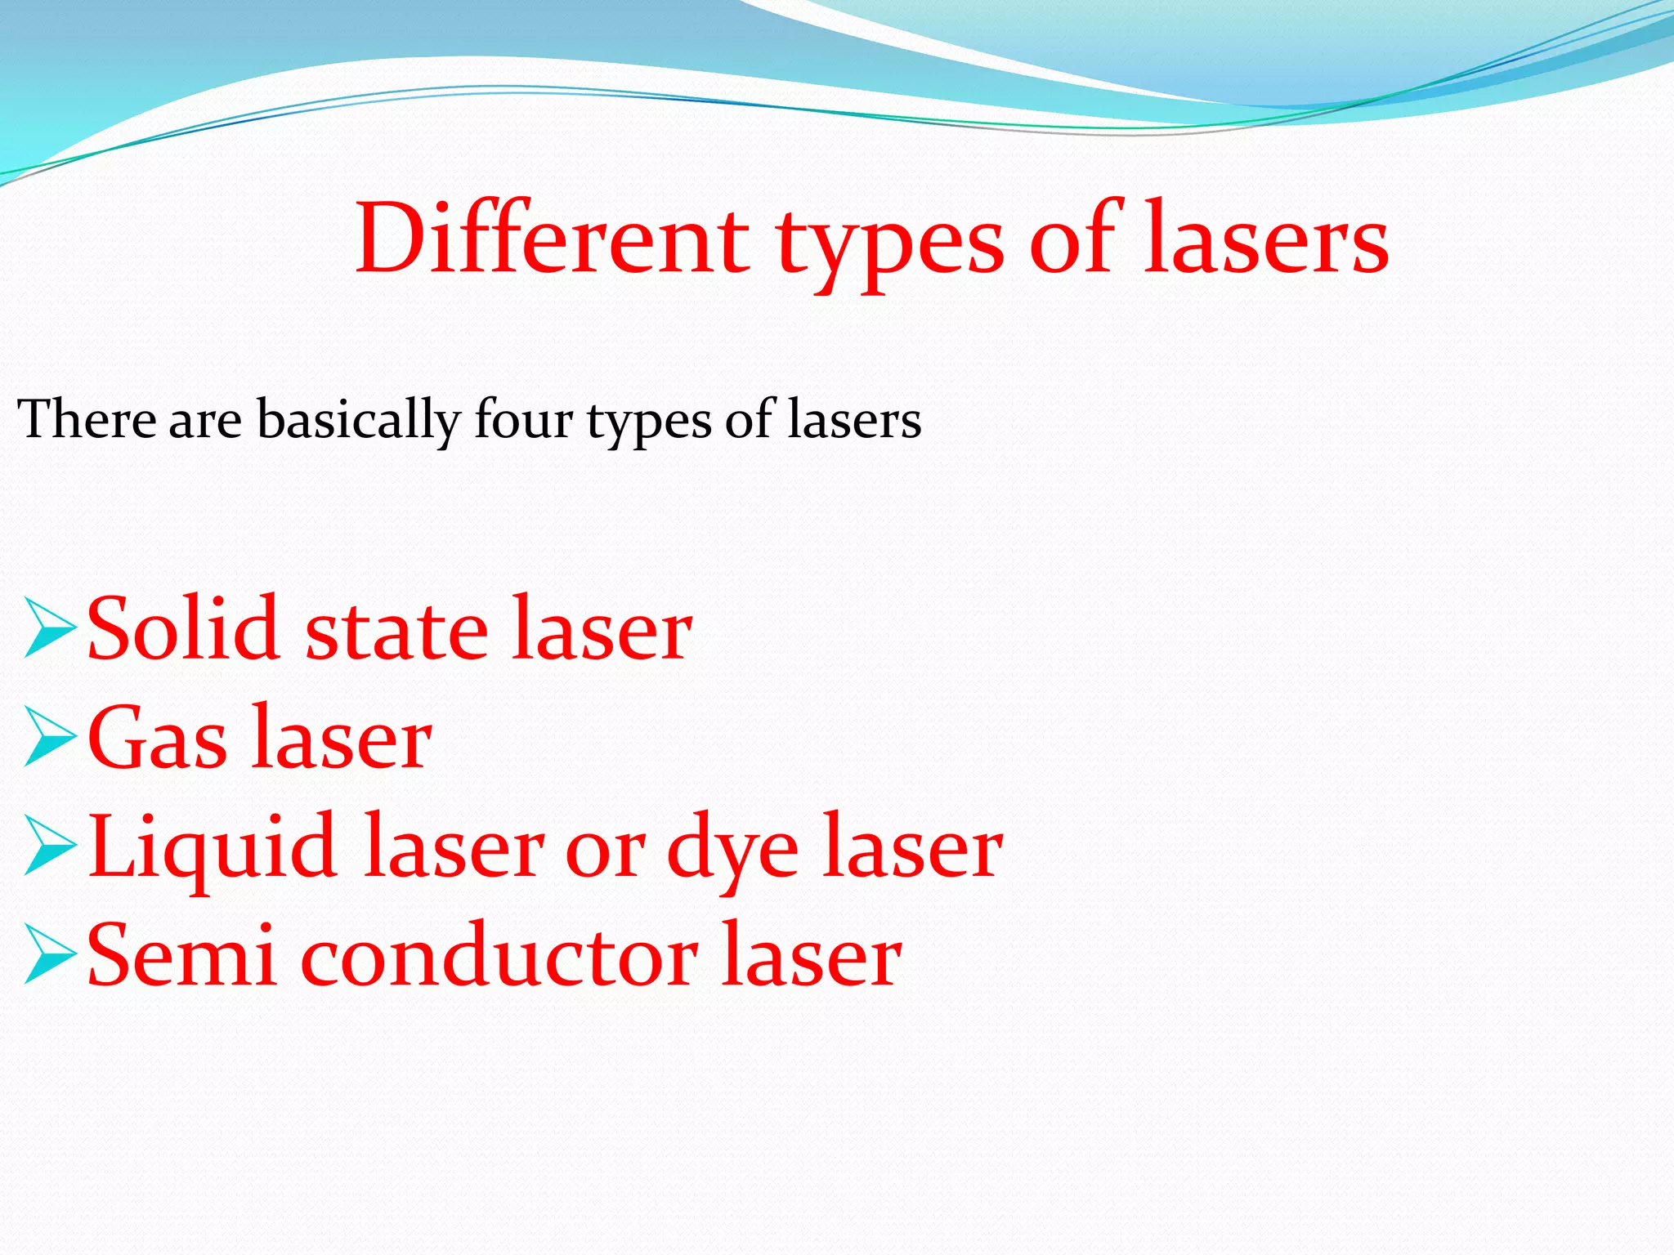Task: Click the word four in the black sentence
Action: pos(523,419)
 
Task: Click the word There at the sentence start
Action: pos(86,419)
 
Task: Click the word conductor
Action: pos(499,956)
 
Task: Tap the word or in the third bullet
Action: pos(605,853)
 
